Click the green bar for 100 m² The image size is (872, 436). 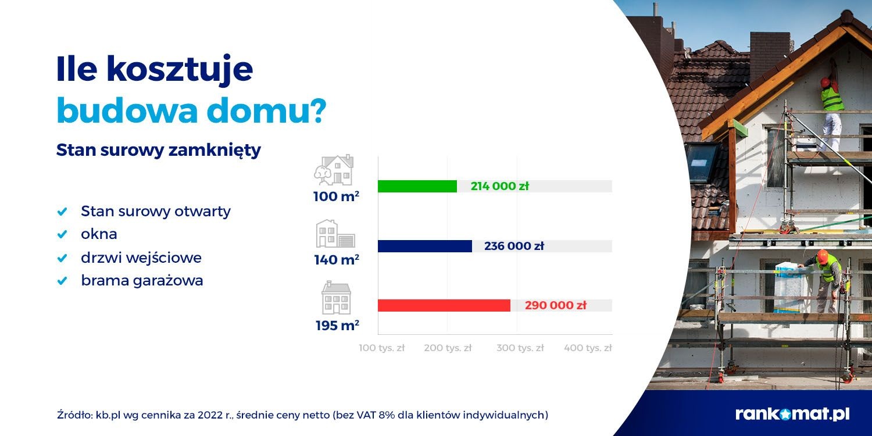(417, 187)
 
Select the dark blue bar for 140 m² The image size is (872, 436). (425, 246)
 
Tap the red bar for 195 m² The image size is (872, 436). (444, 306)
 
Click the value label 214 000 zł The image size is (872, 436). (500, 186)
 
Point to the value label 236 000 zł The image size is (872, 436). (514, 246)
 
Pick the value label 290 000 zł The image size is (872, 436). (556, 305)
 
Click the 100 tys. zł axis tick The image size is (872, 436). (381, 348)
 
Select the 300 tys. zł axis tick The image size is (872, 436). (520, 348)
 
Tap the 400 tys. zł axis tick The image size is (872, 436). (588, 348)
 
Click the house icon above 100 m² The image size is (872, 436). (334, 170)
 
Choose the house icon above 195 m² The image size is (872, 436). (337, 298)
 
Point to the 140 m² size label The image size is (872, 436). (337, 260)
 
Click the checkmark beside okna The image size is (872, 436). (62, 235)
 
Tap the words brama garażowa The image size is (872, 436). (142, 280)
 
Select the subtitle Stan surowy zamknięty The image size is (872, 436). (159, 150)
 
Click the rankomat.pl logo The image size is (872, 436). (792, 414)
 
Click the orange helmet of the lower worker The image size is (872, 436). (822, 256)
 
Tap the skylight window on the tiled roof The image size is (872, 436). (701, 162)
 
